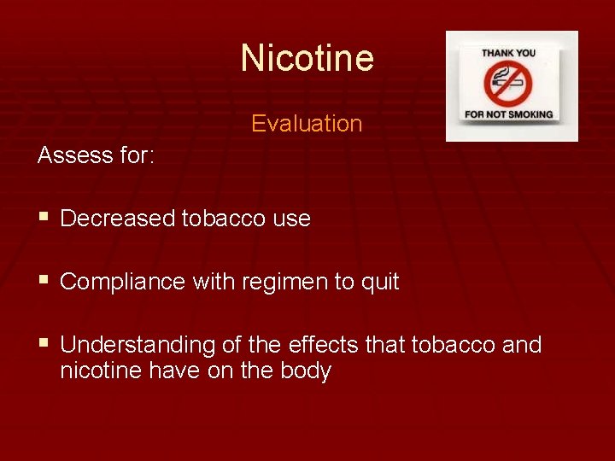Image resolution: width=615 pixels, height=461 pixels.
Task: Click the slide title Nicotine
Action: pos(307,58)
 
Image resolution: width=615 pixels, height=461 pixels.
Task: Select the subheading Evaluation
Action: pos(307,124)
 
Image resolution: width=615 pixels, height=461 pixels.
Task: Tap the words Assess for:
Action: pos(95,155)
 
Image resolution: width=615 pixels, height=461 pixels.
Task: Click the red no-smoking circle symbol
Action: pos(509,83)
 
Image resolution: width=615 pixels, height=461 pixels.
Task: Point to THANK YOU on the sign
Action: pos(510,53)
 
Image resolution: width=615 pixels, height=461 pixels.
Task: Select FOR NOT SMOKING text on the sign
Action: pos(509,114)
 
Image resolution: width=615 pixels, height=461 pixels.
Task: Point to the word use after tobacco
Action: pos(292,219)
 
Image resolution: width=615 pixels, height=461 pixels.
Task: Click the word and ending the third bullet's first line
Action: pos(521,345)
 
